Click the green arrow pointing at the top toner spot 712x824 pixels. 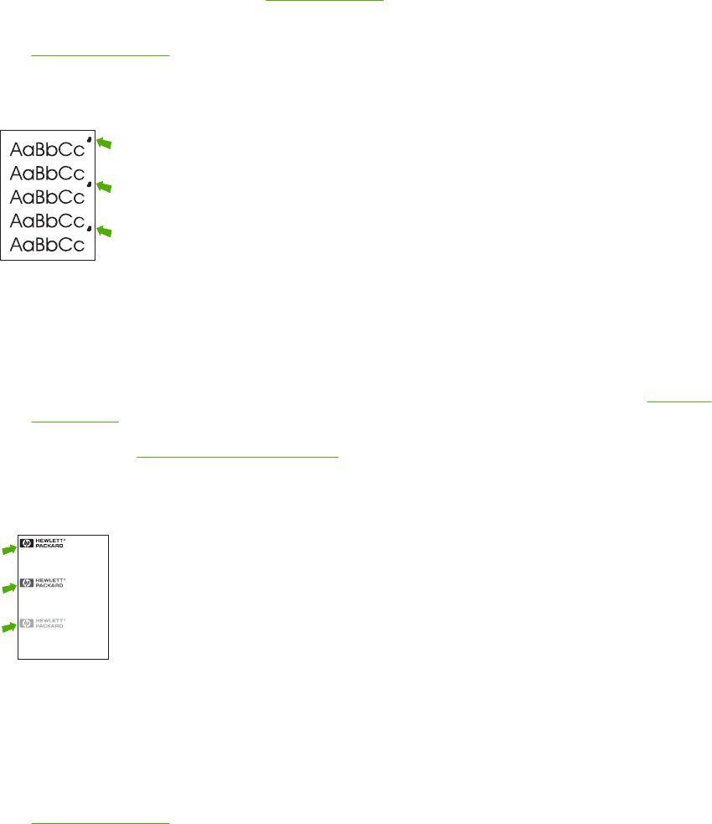pyautogui.click(x=104, y=143)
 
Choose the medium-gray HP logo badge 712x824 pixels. pyautogui.click(x=27, y=583)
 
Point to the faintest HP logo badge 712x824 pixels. pyautogui.click(x=27, y=623)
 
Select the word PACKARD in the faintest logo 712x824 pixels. pyautogui.click(x=49, y=626)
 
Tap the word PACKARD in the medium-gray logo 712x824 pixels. pyautogui.click(x=49, y=586)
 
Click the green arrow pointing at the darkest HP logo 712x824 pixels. pyautogui.click(x=8, y=549)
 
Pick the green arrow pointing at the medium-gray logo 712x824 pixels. pyautogui.click(x=8, y=588)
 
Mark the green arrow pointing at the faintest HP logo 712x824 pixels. pyautogui.click(x=8, y=628)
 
